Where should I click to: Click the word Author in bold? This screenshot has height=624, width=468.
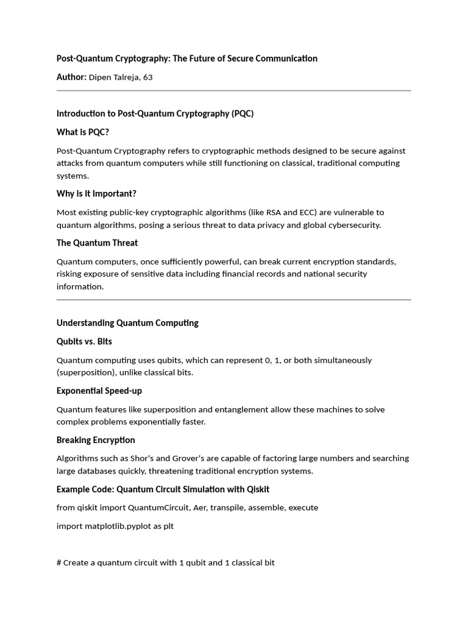point(70,77)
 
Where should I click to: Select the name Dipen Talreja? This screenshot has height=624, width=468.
point(115,77)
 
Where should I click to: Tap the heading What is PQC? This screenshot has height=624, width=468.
point(83,132)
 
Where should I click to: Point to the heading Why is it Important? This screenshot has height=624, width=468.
point(96,194)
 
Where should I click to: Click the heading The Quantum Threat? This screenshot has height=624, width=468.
point(97,243)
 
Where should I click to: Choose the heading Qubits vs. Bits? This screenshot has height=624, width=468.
point(84,341)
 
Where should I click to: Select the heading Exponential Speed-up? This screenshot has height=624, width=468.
point(99,391)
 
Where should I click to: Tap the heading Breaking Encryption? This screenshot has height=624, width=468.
point(96,440)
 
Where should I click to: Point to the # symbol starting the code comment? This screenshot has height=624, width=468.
point(59,562)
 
